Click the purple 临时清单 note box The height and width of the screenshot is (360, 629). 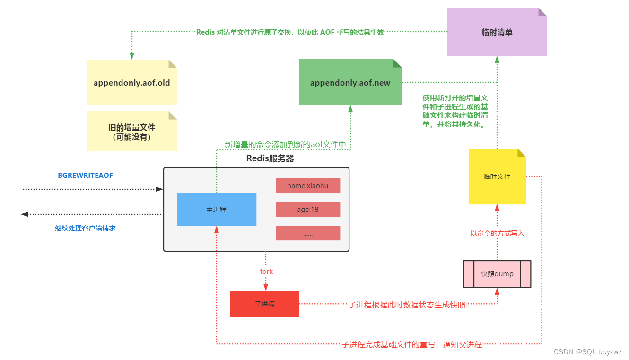[x=497, y=33]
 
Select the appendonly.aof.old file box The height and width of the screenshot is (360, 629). [x=132, y=83]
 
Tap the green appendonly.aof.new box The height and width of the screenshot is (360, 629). [x=350, y=83]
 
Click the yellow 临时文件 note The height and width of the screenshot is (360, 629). [x=497, y=176]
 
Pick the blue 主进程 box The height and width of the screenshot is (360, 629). [x=216, y=210]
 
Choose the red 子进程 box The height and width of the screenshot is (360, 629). [x=264, y=304]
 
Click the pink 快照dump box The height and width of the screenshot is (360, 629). [x=497, y=274]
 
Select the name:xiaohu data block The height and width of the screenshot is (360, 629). [x=307, y=186]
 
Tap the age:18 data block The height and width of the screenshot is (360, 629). [x=307, y=209]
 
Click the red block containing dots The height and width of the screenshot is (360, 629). [x=307, y=233]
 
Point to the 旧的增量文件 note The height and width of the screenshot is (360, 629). [x=132, y=132]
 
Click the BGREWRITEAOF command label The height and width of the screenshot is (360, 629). [x=85, y=175]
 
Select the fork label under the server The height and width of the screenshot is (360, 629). [x=266, y=272]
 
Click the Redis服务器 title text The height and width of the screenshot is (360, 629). [x=270, y=158]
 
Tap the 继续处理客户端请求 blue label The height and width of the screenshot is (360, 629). [x=85, y=228]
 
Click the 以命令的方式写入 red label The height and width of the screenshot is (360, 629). [x=497, y=233]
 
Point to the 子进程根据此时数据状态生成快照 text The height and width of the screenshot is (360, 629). [x=407, y=305]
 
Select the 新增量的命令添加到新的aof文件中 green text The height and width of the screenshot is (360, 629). [x=285, y=145]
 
